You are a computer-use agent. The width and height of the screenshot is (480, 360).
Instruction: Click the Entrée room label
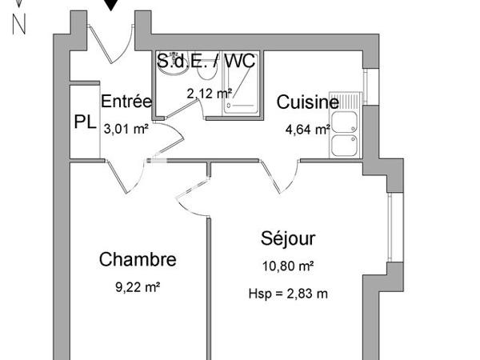[x=126, y=102]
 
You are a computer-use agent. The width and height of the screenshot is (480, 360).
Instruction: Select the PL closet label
[x=85, y=122]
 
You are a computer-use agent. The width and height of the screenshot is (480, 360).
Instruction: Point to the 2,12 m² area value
[x=209, y=94]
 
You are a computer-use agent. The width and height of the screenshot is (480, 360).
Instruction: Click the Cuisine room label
[x=307, y=102]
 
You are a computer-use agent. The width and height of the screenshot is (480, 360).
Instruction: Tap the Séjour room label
[x=288, y=238]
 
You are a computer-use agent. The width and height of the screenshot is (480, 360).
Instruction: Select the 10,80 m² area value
[x=287, y=266]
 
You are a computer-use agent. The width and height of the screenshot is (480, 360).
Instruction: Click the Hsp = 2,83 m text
[x=288, y=294]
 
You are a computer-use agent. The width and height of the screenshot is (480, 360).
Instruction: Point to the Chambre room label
[x=138, y=259]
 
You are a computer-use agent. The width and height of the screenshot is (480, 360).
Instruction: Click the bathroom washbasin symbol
[x=169, y=68]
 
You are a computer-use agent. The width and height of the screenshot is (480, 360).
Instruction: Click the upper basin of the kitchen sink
[x=346, y=122]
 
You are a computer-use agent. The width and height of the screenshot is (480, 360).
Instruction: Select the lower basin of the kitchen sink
[x=346, y=146]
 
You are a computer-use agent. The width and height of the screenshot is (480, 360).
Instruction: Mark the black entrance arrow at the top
[x=112, y=5]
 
